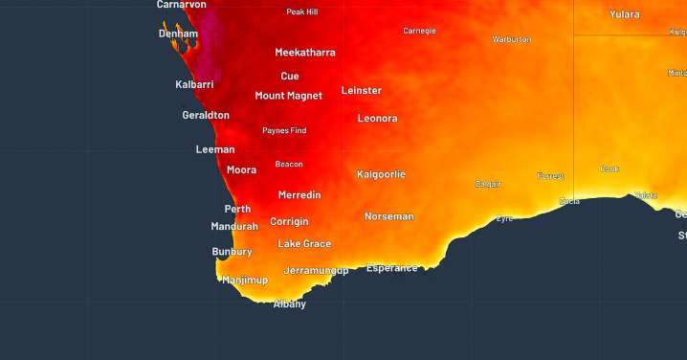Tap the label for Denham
178,34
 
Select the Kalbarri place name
194,84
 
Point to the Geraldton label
206,115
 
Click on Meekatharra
305,53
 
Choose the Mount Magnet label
288,96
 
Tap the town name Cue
290,76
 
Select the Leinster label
362,91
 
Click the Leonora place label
377,119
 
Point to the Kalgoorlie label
381,174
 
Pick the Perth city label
237,209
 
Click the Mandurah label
234,227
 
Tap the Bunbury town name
232,252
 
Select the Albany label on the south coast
290,304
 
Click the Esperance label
392,268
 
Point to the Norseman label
389,216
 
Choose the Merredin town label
299,195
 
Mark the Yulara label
625,14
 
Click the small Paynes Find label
284,130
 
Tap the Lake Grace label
304,244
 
